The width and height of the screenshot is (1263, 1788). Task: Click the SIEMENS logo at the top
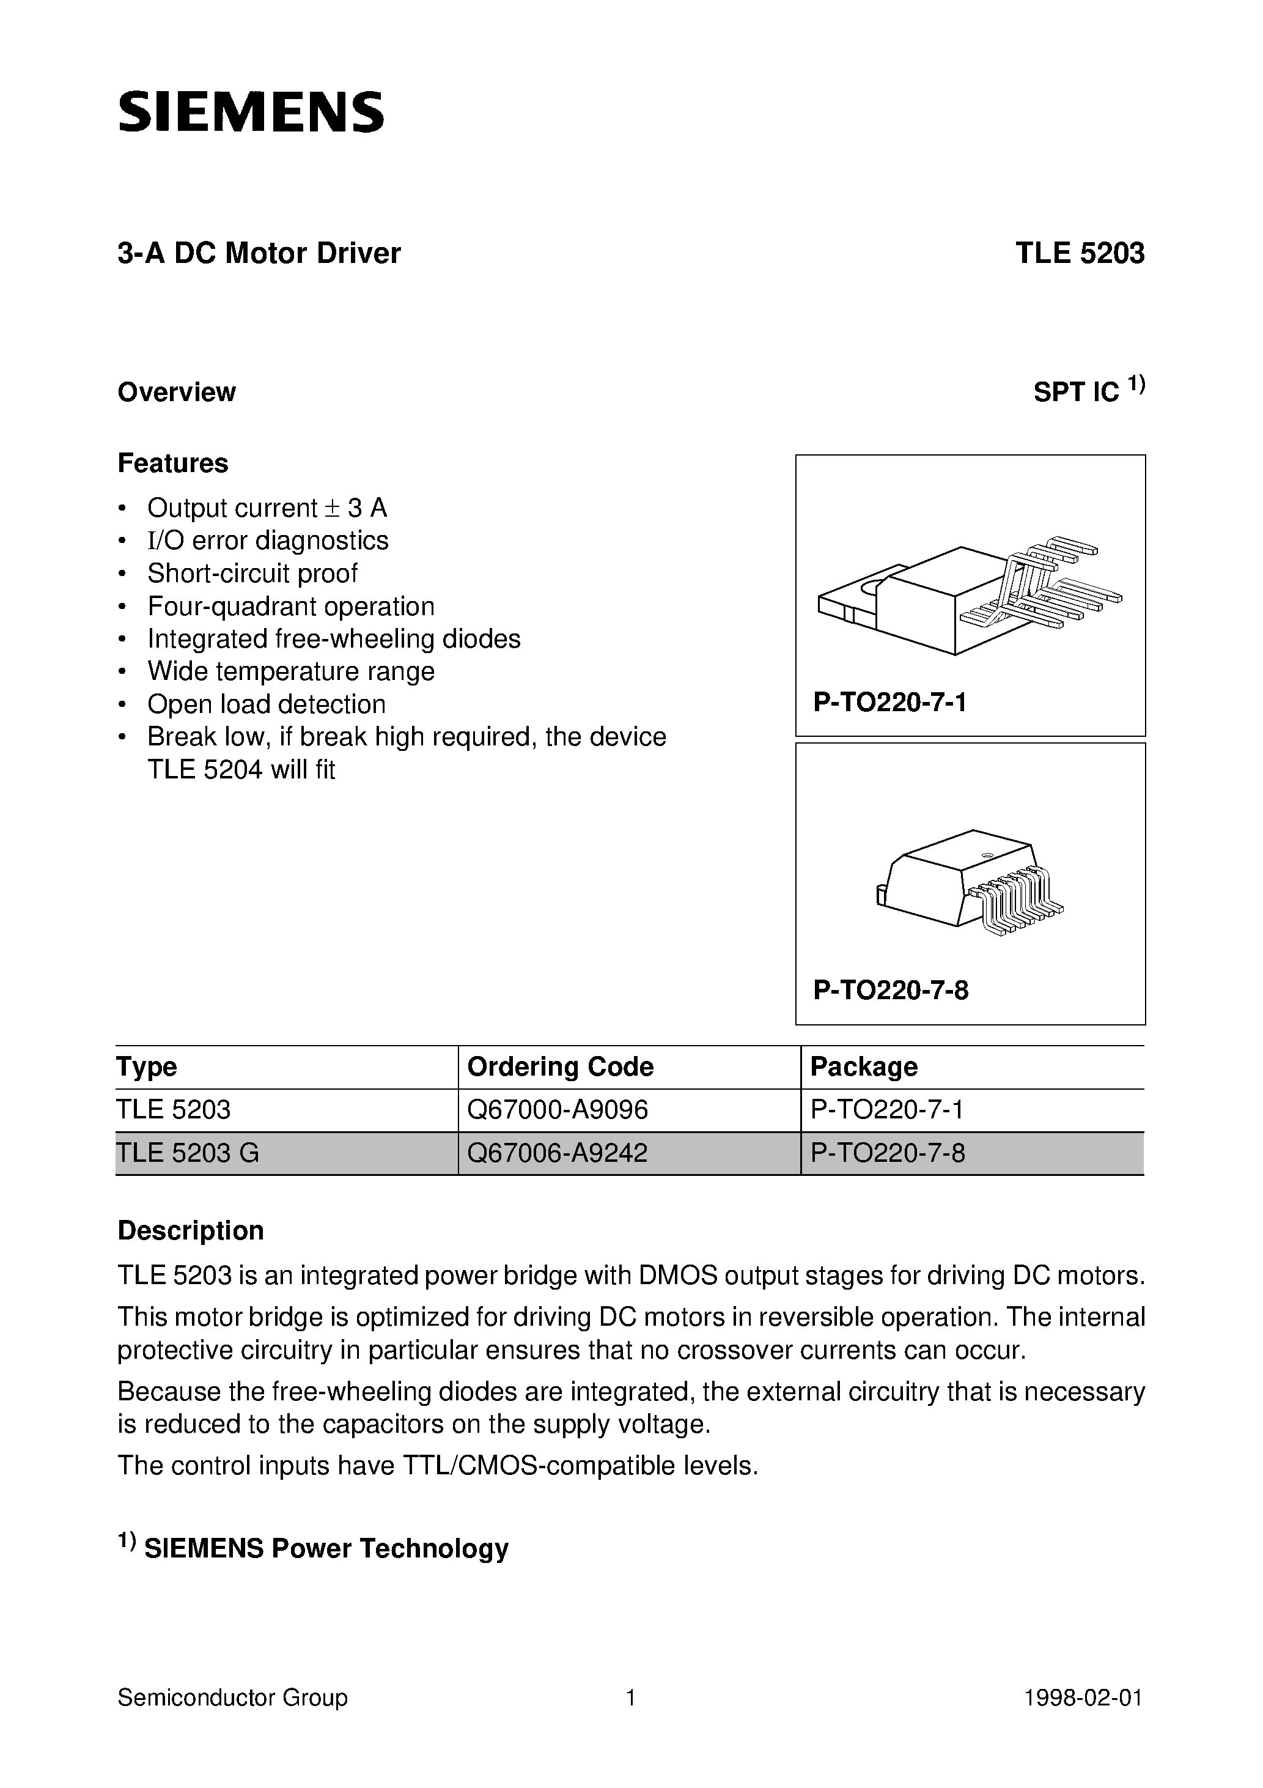click(x=251, y=111)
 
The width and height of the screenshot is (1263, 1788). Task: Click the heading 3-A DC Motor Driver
click(x=259, y=254)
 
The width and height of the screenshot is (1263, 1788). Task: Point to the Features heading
click(x=173, y=464)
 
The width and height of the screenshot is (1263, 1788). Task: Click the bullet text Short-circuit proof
click(x=252, y=573)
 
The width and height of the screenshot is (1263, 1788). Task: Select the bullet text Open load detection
click(x=267, y=704)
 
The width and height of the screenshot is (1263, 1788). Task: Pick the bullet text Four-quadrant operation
click(x=290, y=606)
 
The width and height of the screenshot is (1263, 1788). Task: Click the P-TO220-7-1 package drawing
click(x=970, y=596)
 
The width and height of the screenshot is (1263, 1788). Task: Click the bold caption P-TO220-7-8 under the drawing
click(x=891, y=991)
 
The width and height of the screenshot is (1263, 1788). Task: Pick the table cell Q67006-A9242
click(x=557, y=1153)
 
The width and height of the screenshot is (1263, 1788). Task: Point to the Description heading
click(x=191, y=1230)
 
